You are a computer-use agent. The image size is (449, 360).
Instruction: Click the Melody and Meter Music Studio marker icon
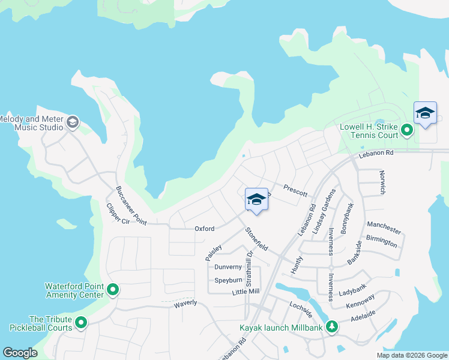[73, 122]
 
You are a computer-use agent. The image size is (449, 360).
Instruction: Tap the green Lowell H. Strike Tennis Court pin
[407, 130]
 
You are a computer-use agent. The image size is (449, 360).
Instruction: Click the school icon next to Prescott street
[256, 200]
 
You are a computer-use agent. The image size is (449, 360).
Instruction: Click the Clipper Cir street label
[118, 215]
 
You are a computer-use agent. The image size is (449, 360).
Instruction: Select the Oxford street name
[204, 229]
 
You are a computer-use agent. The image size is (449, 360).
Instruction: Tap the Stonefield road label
[256, 239]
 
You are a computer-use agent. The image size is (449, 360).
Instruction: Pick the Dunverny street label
[228, 267]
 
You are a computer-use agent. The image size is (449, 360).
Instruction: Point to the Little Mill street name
[246, 292]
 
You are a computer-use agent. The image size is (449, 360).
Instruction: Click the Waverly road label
[185, 303]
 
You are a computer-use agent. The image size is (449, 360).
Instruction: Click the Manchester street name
[384, 229]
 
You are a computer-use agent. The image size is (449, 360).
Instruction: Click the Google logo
[20, 352]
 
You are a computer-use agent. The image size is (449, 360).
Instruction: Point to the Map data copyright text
[412, 355]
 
